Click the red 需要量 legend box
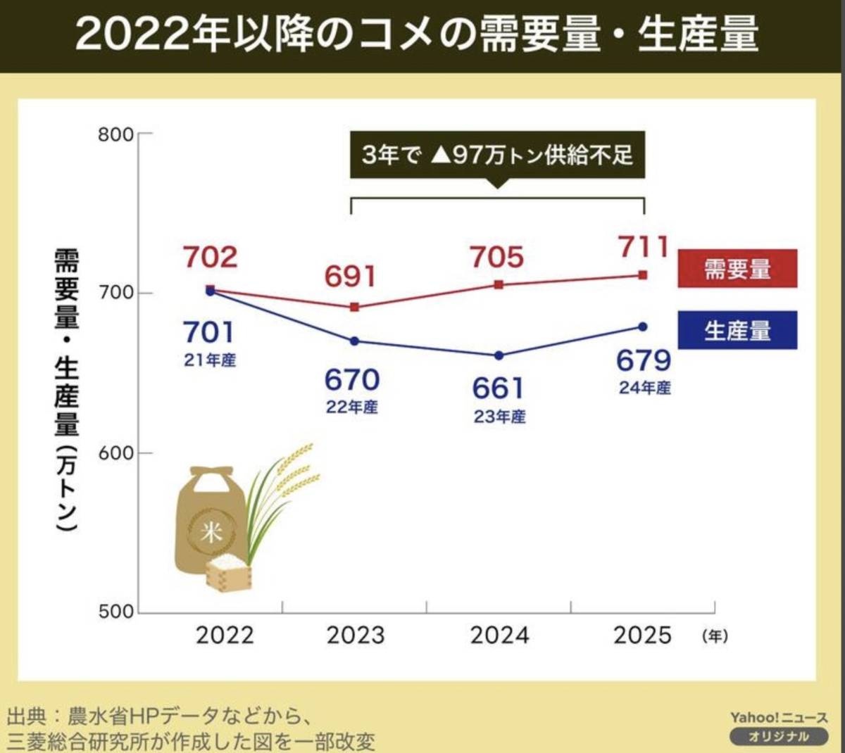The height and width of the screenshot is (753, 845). click(x=737, y=269)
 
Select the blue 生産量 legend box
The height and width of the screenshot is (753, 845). click(x=737, y=330)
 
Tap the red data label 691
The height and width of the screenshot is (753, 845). click(x=350, y=277)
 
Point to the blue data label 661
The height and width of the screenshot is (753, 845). click(x=498, y=388)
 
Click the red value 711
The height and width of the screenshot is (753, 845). click(x=643, y=247)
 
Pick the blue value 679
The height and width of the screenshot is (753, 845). click(x=644, y=360)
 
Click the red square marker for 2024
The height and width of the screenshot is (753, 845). click(x=499, y=285)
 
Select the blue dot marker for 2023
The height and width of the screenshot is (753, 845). click(x=355, y=341)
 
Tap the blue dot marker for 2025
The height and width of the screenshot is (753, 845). click(x=643, y=327)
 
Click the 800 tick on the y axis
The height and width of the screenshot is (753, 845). click(x=116, y=134)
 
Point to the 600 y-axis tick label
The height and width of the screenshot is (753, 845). click(x=116, y=453)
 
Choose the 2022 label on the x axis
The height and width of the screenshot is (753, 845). click(x=225, y=635)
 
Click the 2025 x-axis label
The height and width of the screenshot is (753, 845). click(x=642, y=635)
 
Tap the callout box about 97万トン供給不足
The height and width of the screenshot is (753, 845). click(x=497, y=155)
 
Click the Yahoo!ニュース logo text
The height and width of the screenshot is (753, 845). click(x=778, y=717)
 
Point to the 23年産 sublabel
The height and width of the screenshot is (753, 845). click(x=499, y=417)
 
